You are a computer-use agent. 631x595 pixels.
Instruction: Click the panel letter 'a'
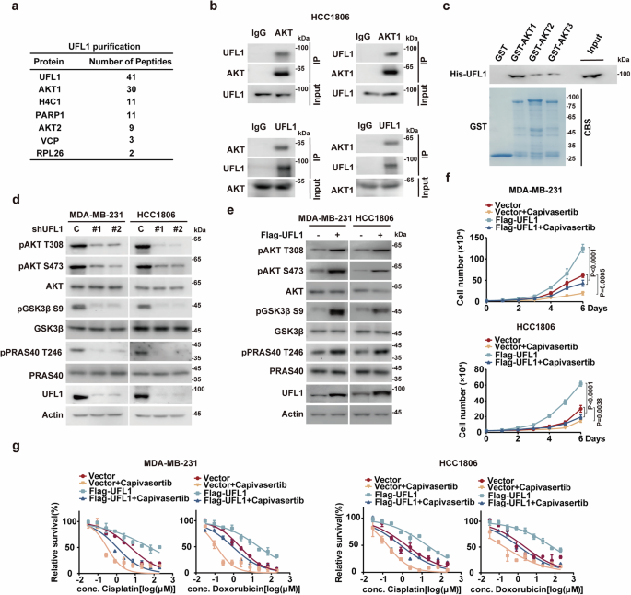click(8, 9)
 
